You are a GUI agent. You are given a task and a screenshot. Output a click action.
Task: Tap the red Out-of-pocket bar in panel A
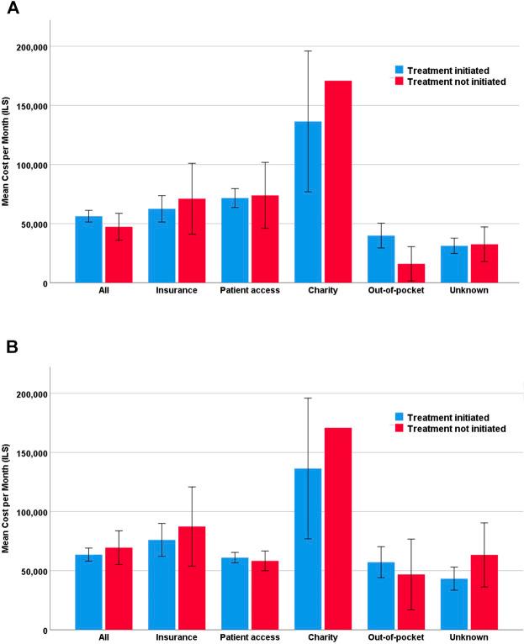coord(411,273)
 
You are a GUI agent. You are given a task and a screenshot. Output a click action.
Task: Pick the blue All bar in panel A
coord(88,250)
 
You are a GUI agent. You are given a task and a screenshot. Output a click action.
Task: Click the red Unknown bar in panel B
coord(484,592)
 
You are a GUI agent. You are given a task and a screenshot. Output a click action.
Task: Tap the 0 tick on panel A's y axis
coord(64,283)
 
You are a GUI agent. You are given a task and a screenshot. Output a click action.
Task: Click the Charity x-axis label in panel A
coord(322,291)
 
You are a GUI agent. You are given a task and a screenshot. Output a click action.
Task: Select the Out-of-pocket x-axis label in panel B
coord(396,637)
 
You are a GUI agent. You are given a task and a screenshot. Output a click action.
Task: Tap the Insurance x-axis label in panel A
coord(177,291)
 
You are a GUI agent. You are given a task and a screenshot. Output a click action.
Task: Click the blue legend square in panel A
coord(400,70)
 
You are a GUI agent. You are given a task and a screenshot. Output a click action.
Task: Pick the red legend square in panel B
coord(400,428)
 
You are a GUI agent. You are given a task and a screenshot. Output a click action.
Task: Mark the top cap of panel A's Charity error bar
coord(308,51)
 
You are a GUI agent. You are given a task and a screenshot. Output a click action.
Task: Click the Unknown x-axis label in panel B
coord(469,637)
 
